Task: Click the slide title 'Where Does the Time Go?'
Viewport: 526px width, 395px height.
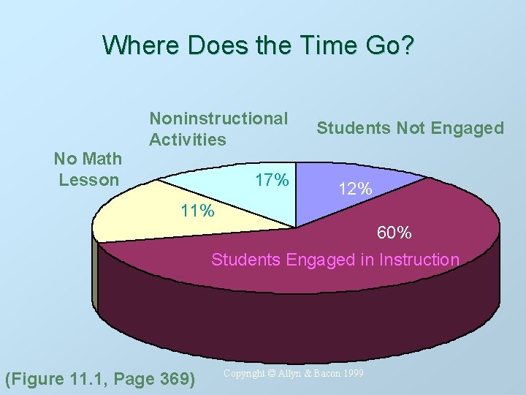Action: [x=259, y=45]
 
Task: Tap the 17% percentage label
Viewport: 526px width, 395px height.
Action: [x=272, y=180]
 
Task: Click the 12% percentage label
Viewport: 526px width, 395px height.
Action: [x=355, y=189]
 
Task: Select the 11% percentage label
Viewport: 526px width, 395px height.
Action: [x=197, y=212]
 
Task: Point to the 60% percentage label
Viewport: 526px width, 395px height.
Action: [x=394, y=233]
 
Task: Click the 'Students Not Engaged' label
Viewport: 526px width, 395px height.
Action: [x=410, y=129]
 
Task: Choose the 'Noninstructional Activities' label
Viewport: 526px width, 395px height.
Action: [x=218, y=129]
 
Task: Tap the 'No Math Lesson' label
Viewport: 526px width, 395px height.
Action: [x=88, y=169]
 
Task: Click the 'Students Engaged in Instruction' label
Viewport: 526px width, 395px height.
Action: [x=335, y=260]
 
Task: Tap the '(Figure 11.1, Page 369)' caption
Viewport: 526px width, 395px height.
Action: [x=100, y=378]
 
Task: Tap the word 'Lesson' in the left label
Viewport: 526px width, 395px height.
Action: [x=88, y=180]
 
